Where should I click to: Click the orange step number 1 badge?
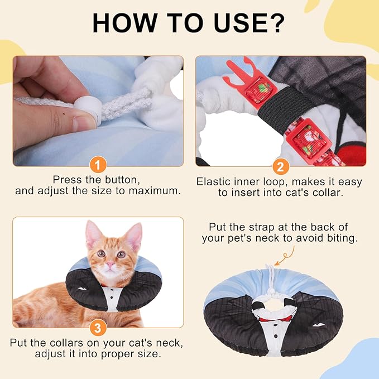(98, 165)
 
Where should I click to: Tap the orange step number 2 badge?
(280, 166)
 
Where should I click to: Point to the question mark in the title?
(276, 23)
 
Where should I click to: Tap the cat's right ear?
(134, 236)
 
